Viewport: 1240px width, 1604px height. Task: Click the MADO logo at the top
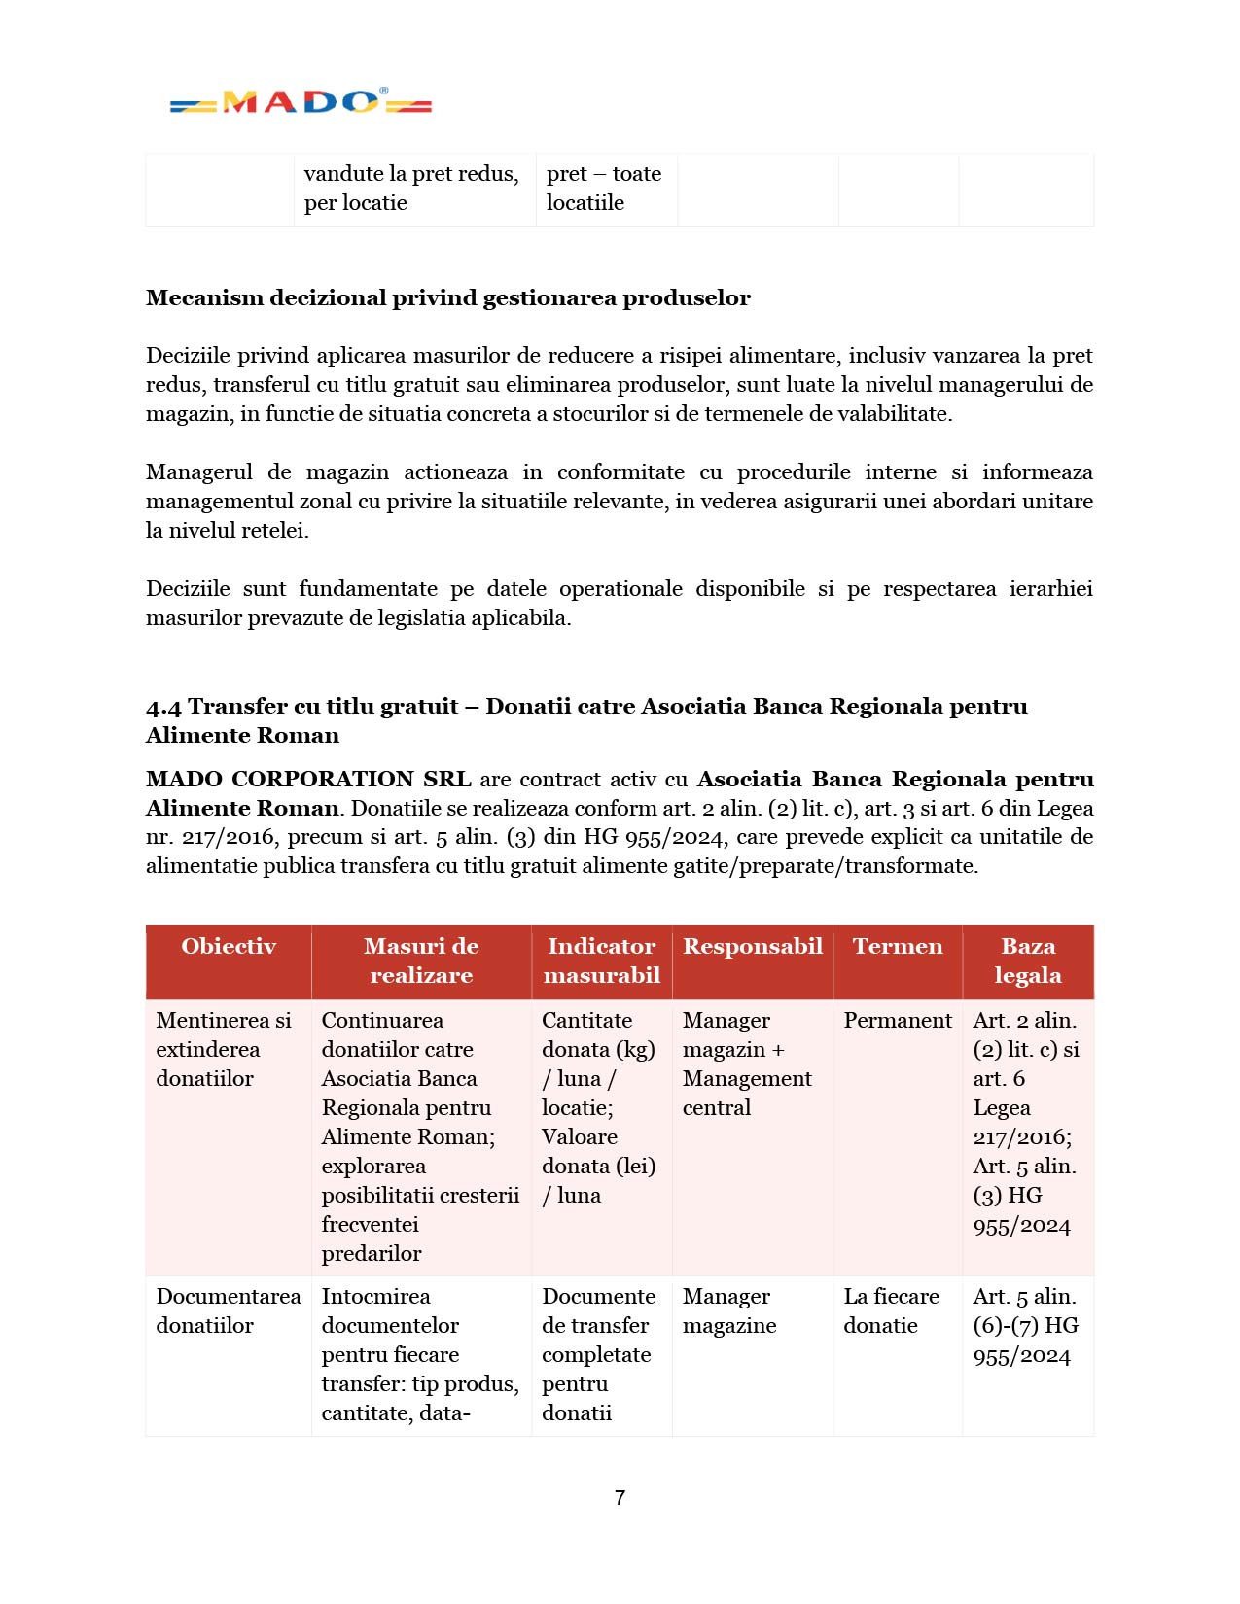(301, 102)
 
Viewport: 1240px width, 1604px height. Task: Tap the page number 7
(620, 1498)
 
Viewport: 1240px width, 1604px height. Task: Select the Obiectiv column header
(229, 947)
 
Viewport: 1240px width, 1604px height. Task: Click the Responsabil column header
(752, 947)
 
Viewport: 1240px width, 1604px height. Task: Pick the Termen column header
(898, 947)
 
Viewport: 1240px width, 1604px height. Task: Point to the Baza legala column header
(1028, 961)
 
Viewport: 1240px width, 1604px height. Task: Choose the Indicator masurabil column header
(601, 961)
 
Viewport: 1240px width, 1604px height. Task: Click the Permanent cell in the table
(898, 1021)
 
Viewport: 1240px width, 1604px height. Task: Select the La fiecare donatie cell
(891, 1311)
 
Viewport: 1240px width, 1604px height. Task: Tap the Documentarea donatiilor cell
(229, 1311)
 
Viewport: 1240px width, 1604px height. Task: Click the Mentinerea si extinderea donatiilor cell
(224, 1050)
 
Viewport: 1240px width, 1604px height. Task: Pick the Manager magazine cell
(729, 1311)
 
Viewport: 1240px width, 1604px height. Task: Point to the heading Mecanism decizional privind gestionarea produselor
(447, 298)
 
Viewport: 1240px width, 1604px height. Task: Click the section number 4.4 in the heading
(163, 708)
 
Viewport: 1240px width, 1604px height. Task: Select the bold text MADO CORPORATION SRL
(308, 780)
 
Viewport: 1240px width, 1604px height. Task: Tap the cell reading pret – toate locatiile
(603, 189)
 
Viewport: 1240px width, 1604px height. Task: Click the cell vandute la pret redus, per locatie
(411, 189)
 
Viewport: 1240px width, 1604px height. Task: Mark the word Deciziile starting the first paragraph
(187, 356)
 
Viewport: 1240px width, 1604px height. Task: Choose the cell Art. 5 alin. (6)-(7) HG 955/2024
(1026, 1326)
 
